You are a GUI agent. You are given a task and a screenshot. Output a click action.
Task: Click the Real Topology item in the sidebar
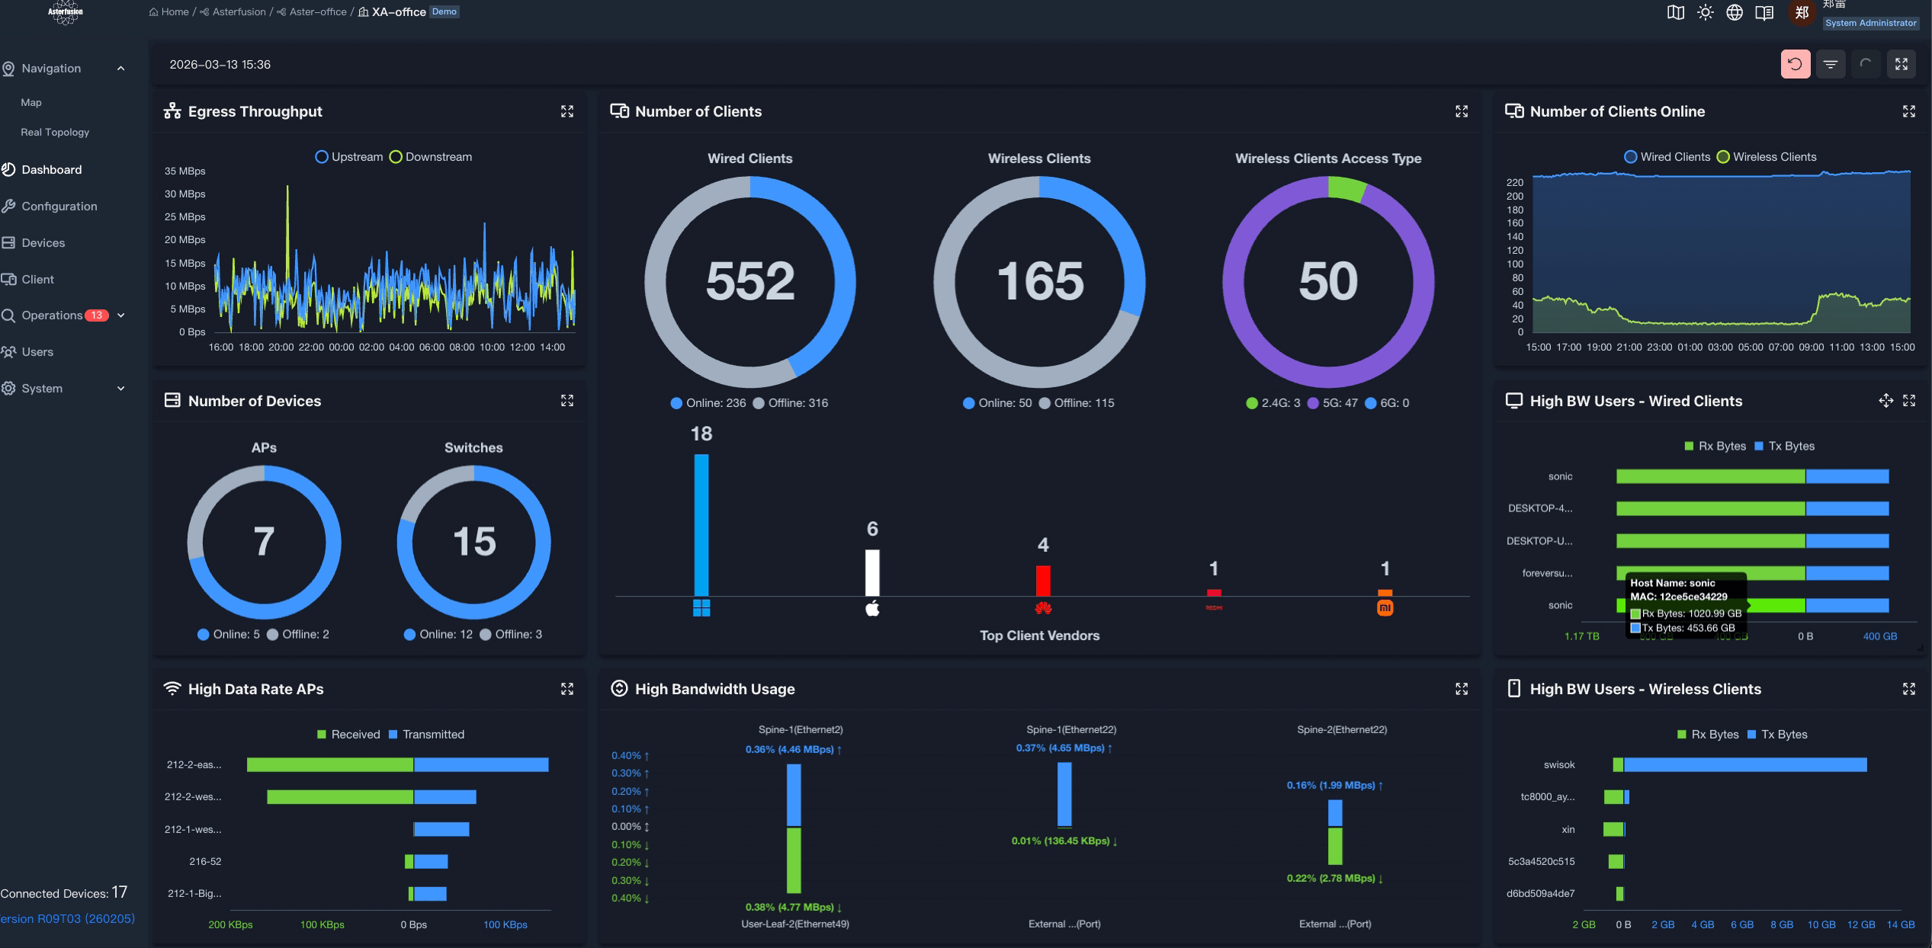[x=55, y=132]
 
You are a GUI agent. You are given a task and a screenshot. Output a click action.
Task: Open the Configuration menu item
[x=59, y=206]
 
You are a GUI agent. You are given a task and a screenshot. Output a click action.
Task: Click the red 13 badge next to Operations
[x=97, y=315]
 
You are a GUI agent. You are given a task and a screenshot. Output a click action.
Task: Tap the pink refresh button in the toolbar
[x=1795, y=65]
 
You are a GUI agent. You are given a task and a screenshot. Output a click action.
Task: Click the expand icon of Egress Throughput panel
[x=567, y=111]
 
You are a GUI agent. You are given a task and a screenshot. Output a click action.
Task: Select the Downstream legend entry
[x=431, y=157]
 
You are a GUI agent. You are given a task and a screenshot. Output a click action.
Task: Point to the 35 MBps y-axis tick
[x=185, y=171]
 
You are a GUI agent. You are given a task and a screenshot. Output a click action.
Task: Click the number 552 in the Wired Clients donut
[x=749, y=281]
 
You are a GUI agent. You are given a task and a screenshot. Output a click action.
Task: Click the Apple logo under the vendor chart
[x=872, y=608]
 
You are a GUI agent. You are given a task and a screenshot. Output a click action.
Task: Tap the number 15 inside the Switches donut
[x=473, y=542]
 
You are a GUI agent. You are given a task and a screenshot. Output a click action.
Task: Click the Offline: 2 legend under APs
[x=298, y=634]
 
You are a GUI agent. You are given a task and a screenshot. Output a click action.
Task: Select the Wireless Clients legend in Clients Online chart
[x=1767, y=157]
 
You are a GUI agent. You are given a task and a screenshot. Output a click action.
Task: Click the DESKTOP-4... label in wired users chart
[x=1539, y=508]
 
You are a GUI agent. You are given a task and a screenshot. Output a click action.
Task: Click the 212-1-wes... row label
[x=193, y=829]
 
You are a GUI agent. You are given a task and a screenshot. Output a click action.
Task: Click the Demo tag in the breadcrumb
[x=444, y=11]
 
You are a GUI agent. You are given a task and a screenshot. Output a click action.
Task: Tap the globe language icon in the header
[x=1735, y=12]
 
